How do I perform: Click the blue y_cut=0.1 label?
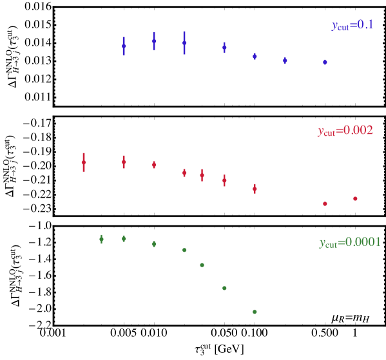(352, 26)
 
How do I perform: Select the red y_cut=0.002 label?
(345, 131)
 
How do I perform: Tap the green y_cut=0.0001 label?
(350, 243)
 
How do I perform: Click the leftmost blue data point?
(124, 46)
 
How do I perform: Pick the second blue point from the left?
(154, 41)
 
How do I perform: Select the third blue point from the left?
(184, 43)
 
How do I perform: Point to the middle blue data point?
(224, 47)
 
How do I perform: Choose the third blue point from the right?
(255, 56)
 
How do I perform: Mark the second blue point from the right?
(285, 61)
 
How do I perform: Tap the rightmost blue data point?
(325, 62)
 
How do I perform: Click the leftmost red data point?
(84, 162)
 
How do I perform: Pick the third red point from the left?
(154, 165)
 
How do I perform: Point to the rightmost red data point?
(355, 198)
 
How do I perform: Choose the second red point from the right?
(325, 204)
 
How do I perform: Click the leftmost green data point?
(101, 239)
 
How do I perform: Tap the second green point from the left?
(124, 238)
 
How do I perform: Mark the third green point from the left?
(154, 243)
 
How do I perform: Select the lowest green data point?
(255, 312)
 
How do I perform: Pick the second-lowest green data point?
(224, 288)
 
